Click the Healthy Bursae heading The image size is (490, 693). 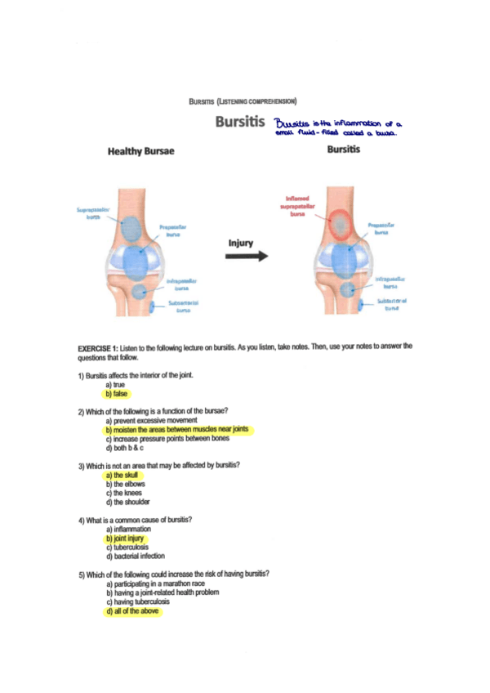[140, 151]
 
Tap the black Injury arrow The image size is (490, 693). [247, 256]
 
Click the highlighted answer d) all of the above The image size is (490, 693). [134, 611]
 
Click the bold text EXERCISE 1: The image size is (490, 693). [98, 346]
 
